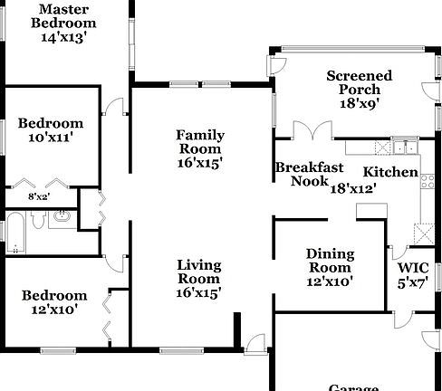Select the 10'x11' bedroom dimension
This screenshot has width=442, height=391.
[x=50, y=138]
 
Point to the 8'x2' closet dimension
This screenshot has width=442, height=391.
[x=38, y=196]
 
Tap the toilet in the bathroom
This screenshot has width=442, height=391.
[x=41, y=218]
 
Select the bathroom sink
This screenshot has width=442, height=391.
[x=61, y=217]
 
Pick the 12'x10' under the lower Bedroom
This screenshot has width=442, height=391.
[x=54, y=309]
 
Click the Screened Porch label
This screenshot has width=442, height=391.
[x=360, y=82]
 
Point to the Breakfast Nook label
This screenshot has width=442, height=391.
[x=309, y=174]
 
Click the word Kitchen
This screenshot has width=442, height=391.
[x=390, y=172]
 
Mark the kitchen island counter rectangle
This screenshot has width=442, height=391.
[x=371, y=210]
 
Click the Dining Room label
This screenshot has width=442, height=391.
[x=330, y=261]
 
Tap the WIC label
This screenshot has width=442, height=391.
[x=413, y=268]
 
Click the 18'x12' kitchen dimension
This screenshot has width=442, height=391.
[x=353, y=188]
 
